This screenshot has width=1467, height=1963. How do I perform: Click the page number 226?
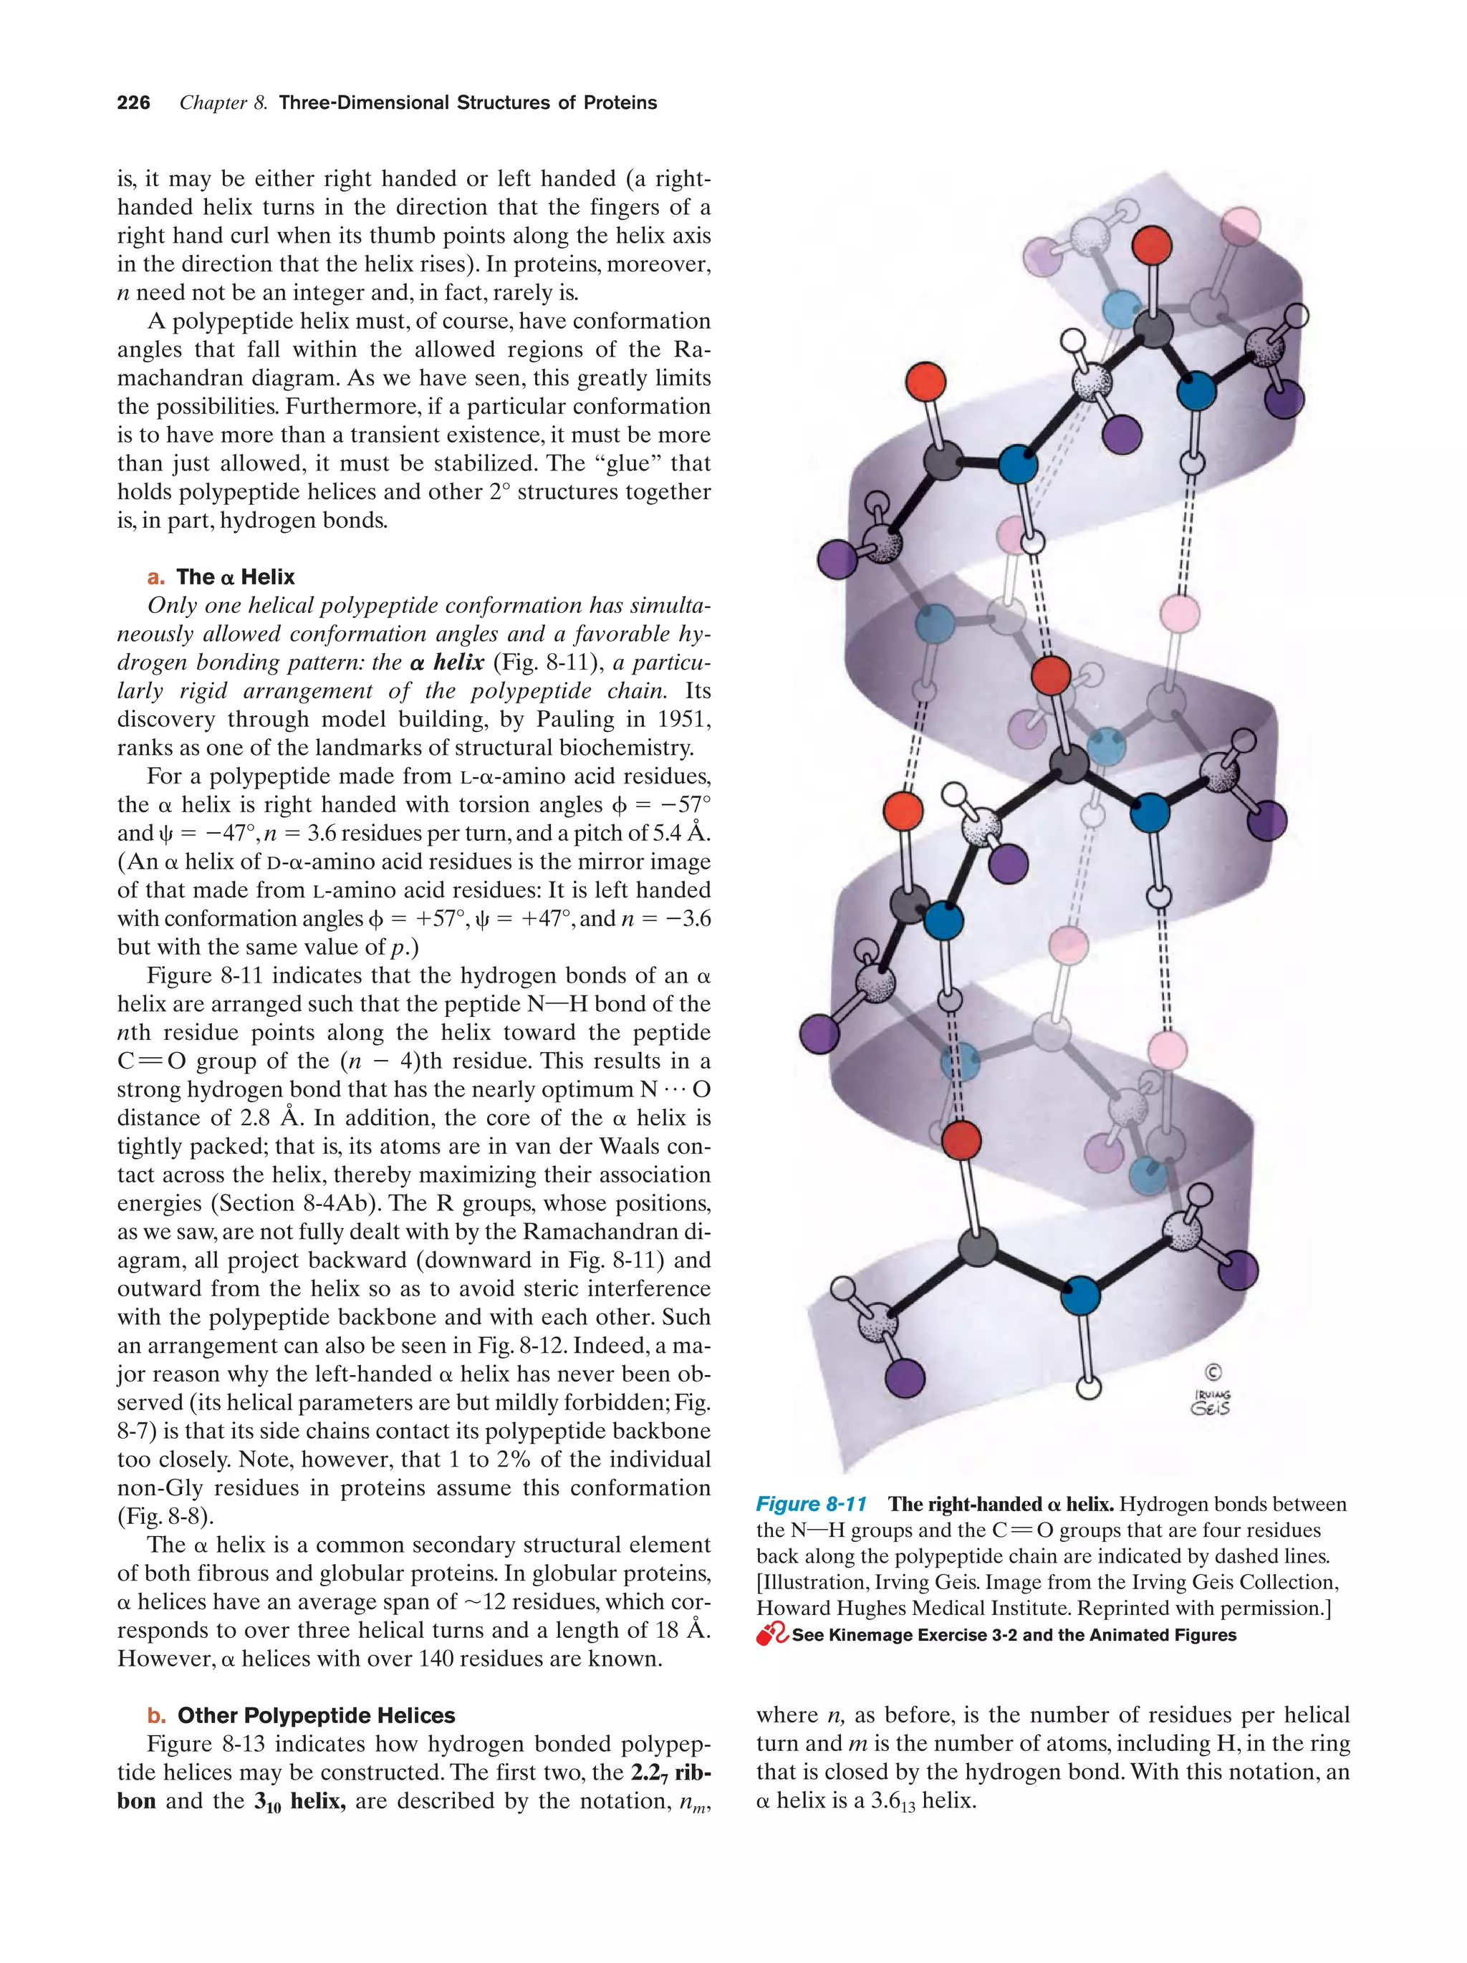coord(133,103)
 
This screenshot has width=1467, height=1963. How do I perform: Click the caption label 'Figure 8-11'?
coord(810,1504)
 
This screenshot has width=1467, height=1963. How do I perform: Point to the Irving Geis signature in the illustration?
coord(1211,1402)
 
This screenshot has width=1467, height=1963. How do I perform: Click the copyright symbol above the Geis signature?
coord(1212,1372)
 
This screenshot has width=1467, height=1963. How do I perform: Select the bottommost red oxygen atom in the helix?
coord(961,1140)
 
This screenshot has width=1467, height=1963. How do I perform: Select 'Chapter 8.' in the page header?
coord(223,103)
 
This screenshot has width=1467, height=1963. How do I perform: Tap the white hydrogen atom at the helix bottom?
coord(1087,1386)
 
